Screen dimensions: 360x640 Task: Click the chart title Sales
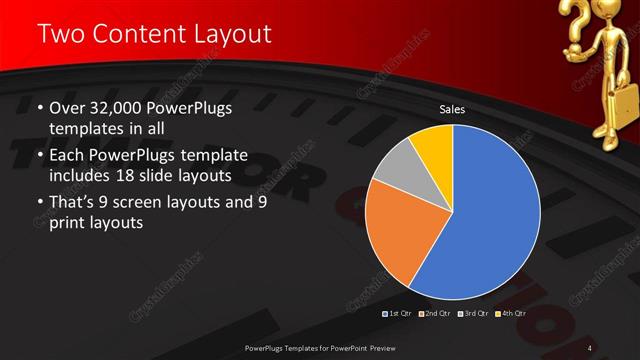(x=453, y=109)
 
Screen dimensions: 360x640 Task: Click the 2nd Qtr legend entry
(x=437, y=314)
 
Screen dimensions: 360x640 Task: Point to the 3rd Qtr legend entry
(x=473, y=314)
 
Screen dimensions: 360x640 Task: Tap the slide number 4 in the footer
(x=591, y=348)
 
